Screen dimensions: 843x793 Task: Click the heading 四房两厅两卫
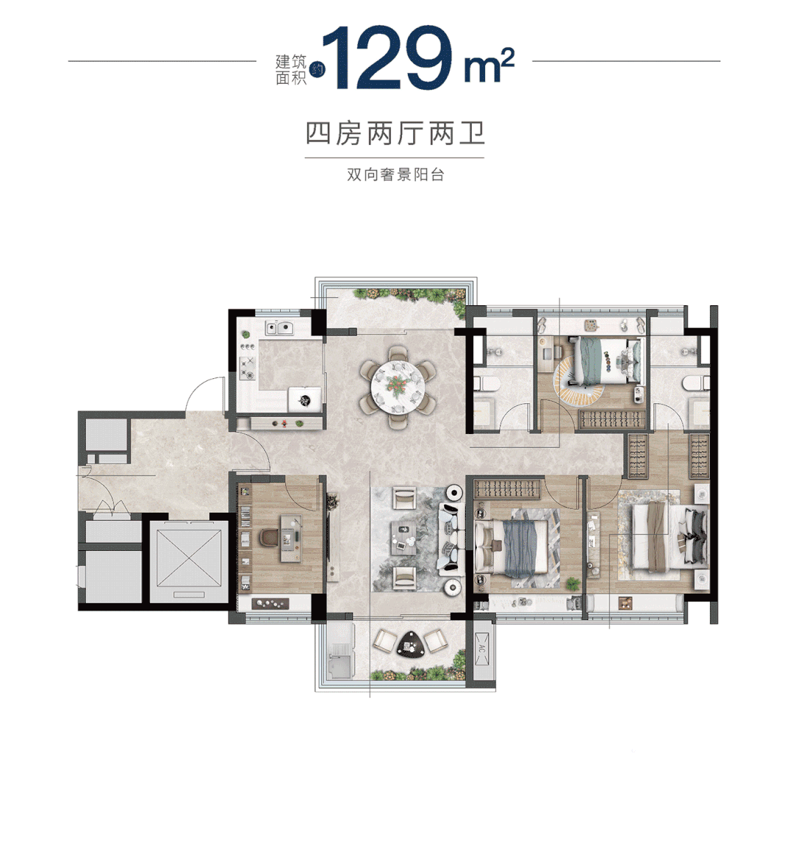pyautogui.click(x=395, y=135)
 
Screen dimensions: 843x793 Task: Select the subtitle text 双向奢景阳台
pyautogui.click(x=395, y=177)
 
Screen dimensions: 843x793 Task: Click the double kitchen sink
pyautogui.click(x=279, y=329)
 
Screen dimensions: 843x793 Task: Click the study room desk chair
pyautogui.click(x=269, y=539)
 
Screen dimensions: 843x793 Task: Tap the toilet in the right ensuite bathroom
pyautogui.click(x=695, y=384)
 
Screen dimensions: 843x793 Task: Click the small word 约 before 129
pyautogui.click(x=317, y=69)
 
